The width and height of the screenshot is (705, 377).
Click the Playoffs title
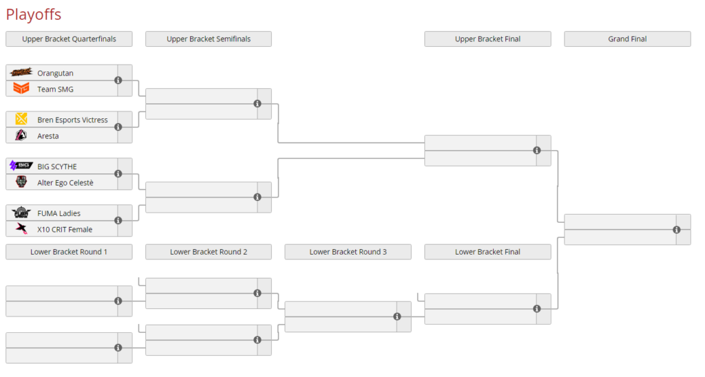[x=34, y=14]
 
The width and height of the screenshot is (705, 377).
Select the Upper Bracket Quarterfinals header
[x=69, y=39]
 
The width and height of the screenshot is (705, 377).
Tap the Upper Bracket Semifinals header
[x=208, y=39]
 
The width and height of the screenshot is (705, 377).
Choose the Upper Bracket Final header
[x=487, y=39]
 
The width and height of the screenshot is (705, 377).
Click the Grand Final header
[x=627, y=39]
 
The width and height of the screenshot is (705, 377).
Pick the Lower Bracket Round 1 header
[x=69, y=252]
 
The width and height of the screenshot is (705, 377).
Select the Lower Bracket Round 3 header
[x=348, y=252]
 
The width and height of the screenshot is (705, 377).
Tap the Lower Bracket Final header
[x=487, y=252]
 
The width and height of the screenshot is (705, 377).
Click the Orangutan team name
[x=55, y=73]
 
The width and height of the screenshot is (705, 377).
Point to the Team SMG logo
[x=21, y=89]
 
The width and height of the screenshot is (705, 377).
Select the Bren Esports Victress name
[x=72, y=120]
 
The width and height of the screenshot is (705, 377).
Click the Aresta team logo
[x=21, y=136]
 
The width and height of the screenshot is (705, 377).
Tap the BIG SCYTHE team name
[x=57, y=166]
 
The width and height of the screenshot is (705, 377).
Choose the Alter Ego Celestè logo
[x=21, y=182]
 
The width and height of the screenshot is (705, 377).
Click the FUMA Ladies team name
[x=59, y=213]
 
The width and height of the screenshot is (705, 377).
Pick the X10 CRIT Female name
[x=65, y=229]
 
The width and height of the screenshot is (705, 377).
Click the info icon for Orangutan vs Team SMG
[x=118, y=80]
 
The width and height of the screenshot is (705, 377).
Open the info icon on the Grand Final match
[x=677, y=230]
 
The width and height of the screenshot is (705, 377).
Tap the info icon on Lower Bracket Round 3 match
[x=397, y=316]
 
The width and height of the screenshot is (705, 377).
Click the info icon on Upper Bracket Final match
[x=537, y=151]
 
